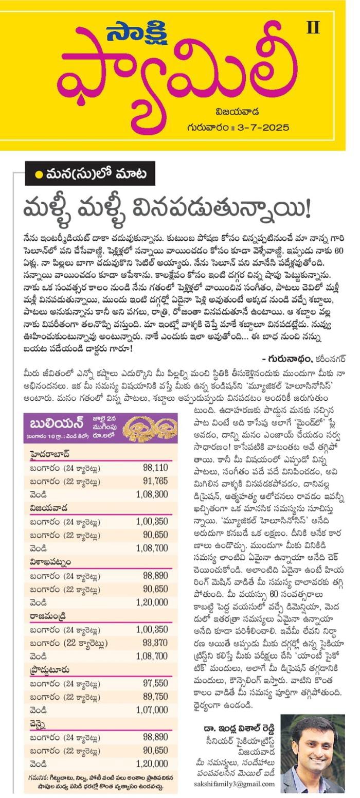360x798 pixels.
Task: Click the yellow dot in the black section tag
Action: [x=39, y=174]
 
